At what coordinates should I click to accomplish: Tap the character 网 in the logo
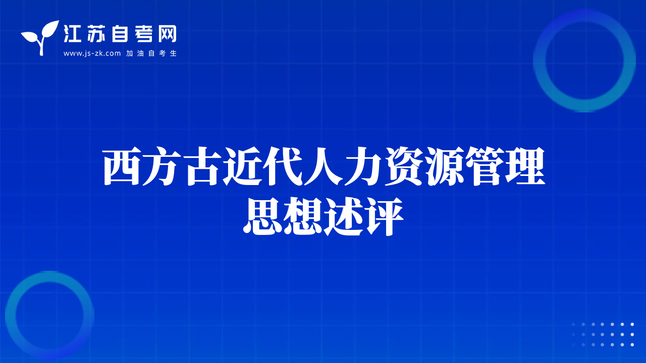pyautogui.click(x=167, y=34)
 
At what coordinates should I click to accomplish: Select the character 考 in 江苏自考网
pyautogui.click(x=144, y=34)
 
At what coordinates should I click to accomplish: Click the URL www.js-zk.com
pyautogui.click(x=92, y=53)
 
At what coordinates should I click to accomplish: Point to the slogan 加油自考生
pyautogui.click(x=151, y=53)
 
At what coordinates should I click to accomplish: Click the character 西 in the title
pyautogui.click(x=122, y=166)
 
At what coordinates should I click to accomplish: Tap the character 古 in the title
pyautogui.click(x=202, y=166)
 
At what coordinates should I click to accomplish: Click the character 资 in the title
pyautogui.click(x=404, y=166)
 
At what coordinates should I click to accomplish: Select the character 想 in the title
pyautogui.click(x=302, y=216)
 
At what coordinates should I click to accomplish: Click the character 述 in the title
pyautogui.click(x=343, y=216)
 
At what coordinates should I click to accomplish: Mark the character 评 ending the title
pyautogui.click(x=384, y=216)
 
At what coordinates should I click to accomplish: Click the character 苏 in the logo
pyautogui.click(x=96, y=34)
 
